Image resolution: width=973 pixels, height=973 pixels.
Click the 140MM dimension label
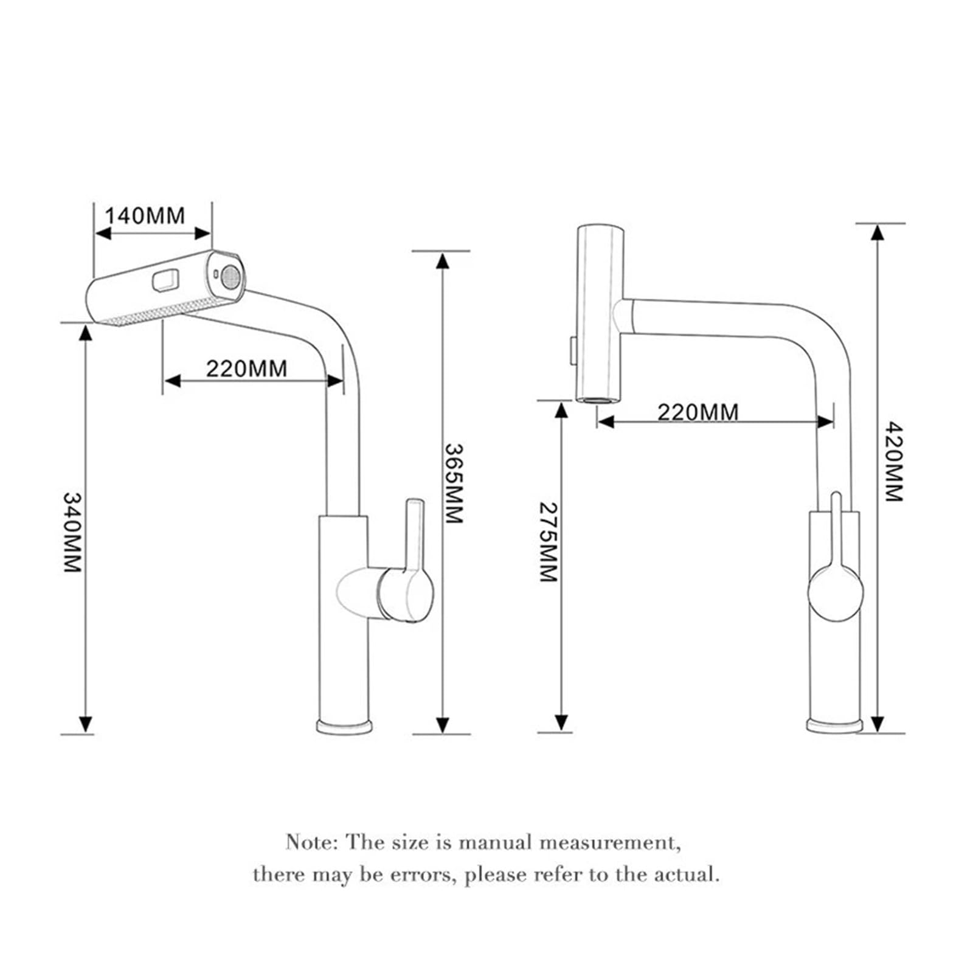145,215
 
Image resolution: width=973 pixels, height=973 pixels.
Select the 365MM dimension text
454,483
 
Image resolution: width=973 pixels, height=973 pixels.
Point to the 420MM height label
893,462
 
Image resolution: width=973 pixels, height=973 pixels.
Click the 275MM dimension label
548,542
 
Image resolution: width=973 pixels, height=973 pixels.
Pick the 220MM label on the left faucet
246,369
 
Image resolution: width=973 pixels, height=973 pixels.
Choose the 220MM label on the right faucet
698,412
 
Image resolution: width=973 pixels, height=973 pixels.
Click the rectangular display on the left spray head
165,280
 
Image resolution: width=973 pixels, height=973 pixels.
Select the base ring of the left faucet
344,726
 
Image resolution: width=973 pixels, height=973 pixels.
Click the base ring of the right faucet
835,725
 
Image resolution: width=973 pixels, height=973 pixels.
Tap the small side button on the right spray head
573,350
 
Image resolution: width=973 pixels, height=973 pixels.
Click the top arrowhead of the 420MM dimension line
877,232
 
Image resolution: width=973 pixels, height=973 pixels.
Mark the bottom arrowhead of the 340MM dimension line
86,724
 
